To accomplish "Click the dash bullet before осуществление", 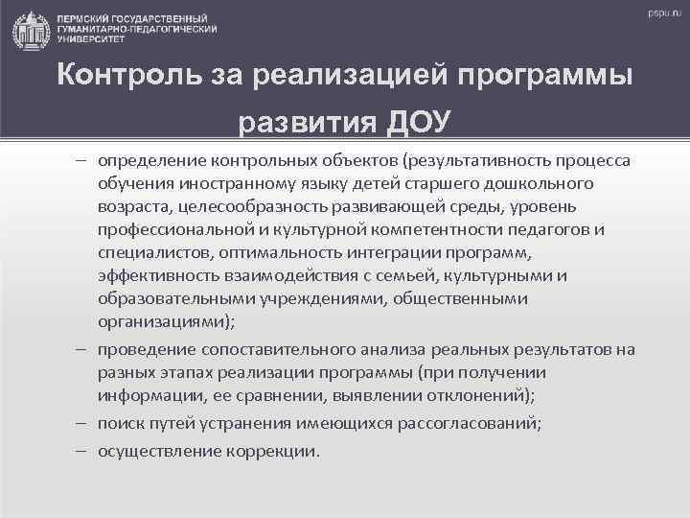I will pos(83,450).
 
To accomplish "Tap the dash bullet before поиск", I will pos(83,423).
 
